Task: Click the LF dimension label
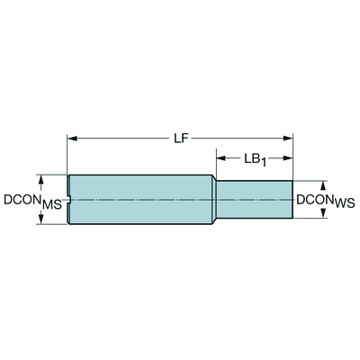[x=180, y=138]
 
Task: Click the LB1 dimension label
[x=254, y=159]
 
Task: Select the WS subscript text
[x=343, y=205]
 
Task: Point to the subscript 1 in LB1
[x=265, y=163]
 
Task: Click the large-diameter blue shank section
[x=139, y=199]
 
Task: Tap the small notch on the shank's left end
[x=69, y=199]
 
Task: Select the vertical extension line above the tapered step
[x=214, y=162]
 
